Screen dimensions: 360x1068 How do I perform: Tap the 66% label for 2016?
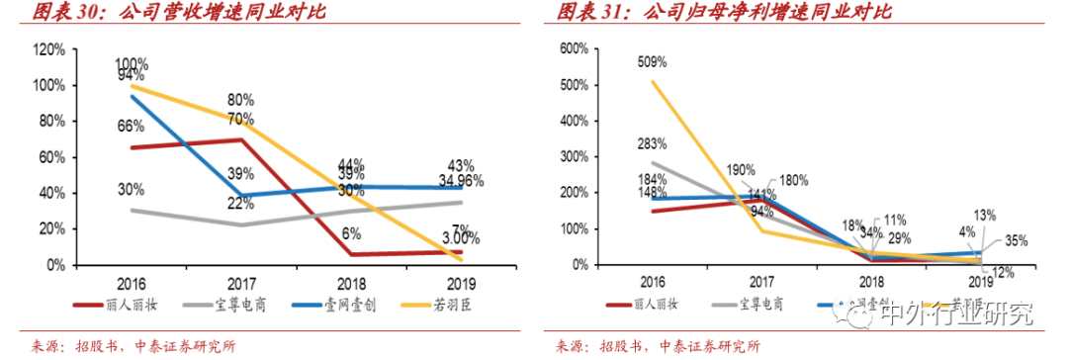click(x=131, y=127)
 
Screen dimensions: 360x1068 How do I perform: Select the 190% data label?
click(x=741, y=170)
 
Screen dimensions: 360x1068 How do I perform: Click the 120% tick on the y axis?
click(x=49, y=49)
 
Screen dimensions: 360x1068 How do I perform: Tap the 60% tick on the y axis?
click(x=52, y=157)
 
